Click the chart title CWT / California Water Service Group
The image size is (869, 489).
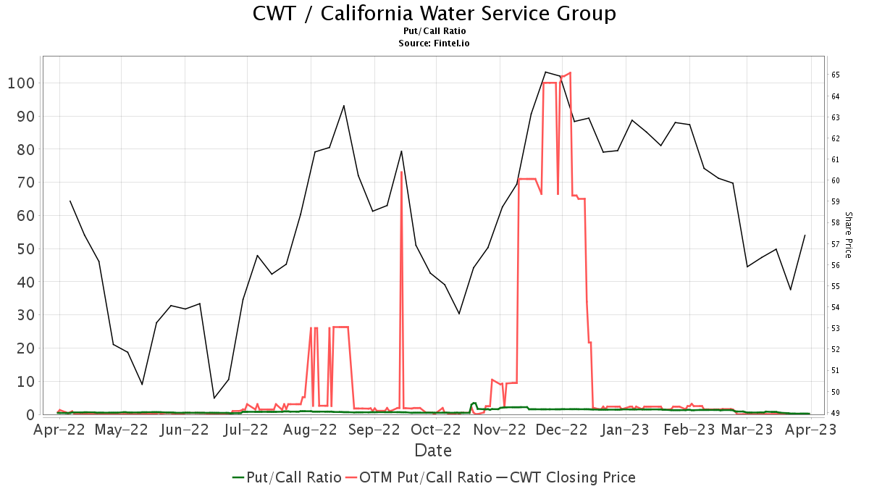pos(434,13)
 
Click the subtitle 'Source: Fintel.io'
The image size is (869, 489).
pos(434,43)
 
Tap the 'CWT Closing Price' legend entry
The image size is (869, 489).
pos(572,477)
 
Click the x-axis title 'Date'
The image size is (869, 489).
pos(433,451)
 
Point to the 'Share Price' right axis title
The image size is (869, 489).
pos(846,238)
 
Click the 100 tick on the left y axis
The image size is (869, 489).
pos(21,83)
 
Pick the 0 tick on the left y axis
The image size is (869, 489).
pos(30,414)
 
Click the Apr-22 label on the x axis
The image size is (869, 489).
pos(59,430)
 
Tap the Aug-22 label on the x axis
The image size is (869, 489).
pos(311,430)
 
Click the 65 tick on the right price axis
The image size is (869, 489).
pos(835,75)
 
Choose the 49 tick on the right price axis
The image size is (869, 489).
pos(835,413)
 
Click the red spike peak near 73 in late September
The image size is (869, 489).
pos(401,172)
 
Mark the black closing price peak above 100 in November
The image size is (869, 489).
pos(545,72)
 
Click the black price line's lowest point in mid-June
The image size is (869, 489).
pos(214,398)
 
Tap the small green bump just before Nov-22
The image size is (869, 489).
pos(474,403)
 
